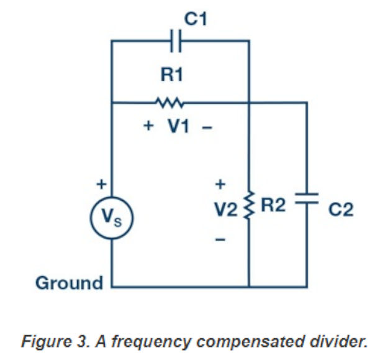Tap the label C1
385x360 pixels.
click(x=196, y=19)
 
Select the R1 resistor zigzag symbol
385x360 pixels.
click(x=170, y=102)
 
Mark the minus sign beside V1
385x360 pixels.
click(x=207, y=127)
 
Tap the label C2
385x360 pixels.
click(x=340, y=210)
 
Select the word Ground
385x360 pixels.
click(x=70, y=284)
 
